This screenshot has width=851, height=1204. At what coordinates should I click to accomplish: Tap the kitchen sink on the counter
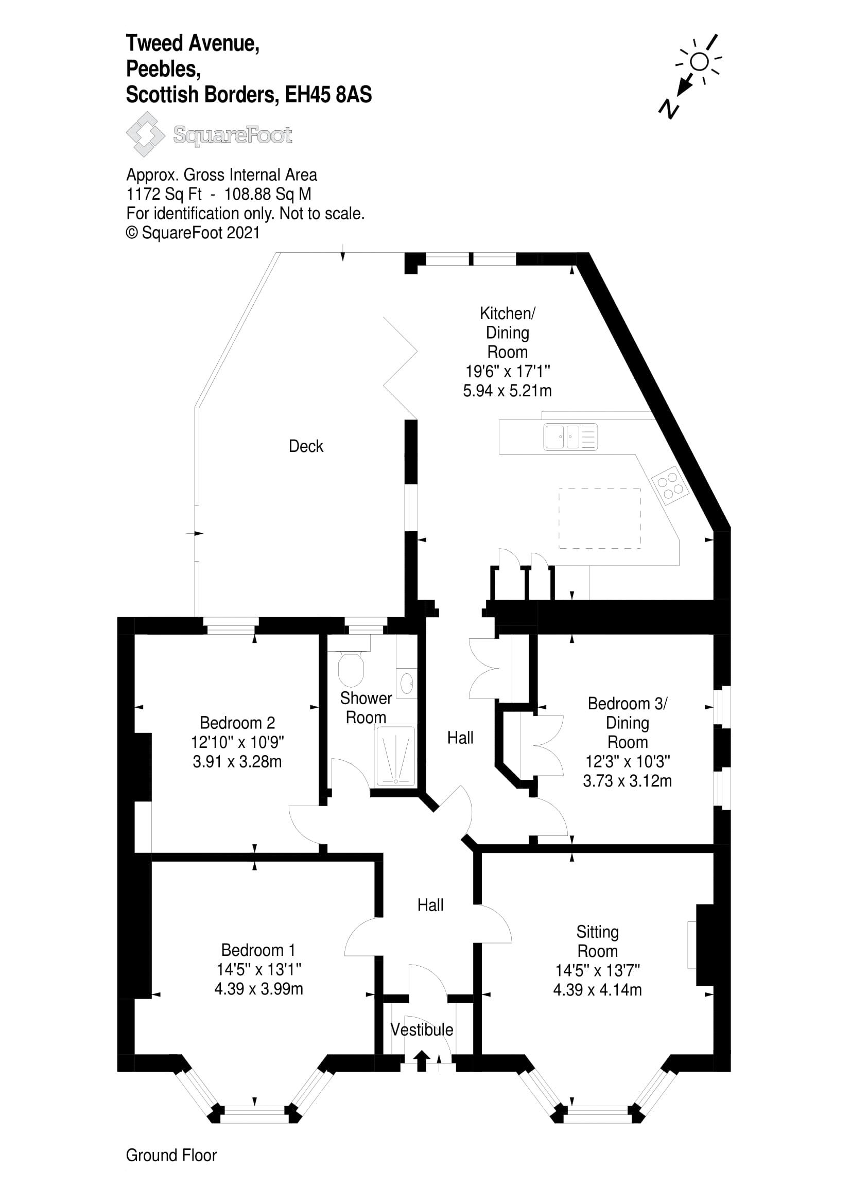pyautogui.click(x=570, y=437)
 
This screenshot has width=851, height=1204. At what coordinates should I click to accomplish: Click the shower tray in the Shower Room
pyautogui.click(x=395, y=756)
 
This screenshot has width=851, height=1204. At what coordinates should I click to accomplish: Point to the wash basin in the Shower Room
pyautogui.click(x=407, y=683)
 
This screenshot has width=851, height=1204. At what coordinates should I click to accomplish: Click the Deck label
pyautogui.click(x=306, y=446)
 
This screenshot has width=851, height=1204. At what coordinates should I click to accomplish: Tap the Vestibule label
pyautogui.click(x=422, y=1029)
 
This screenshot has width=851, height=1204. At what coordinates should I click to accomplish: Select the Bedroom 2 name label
pyautogui.click(x=237, y=723)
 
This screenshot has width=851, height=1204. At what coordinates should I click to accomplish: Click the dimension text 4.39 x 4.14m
pyautogui.click(x=597, y=989)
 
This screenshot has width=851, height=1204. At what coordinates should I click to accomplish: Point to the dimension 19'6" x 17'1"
pyautogui.click(x=507, y=371)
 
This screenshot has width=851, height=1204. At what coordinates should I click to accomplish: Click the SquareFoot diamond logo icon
pyautogui.click(x=145, y=135)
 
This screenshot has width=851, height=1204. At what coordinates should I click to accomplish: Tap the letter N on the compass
pyautogui.click(x=669, y=109)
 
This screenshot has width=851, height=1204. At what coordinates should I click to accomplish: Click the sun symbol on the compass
pyautogui.click(x=699, y=62)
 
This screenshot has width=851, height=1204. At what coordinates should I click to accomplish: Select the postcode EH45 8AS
pyautogui.click(x=328, y=95)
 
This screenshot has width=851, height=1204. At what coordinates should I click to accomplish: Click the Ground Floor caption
pyautogui.click(x=171, y=1155)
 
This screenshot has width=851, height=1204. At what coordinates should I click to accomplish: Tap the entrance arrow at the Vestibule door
pyautogui.click(x=420, y=1060)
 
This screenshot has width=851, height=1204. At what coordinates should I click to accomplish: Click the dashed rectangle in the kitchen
pyautogui.click(x=599, y=518)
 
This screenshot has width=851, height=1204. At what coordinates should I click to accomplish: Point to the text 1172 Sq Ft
pyautogui.click(x=164, y=194)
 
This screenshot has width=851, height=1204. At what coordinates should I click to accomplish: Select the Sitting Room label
pyautogui.click(x=597, y=941)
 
